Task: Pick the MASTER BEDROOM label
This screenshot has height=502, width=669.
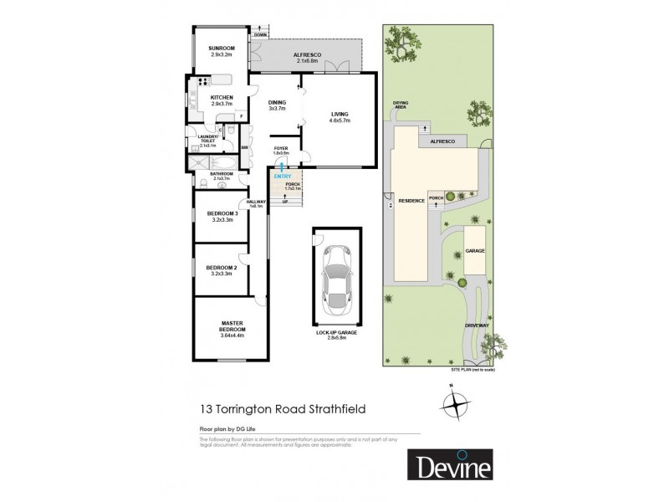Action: pos(232,328)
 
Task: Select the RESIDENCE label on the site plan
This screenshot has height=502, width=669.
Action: pos(411,202)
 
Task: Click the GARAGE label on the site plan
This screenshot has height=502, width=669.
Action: pos(476,250)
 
